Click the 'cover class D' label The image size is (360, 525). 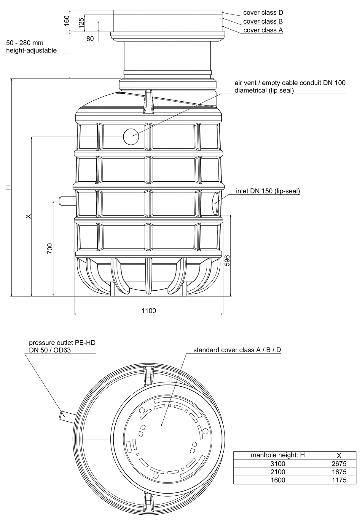[x=263, y=12]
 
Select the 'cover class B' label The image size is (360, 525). [x=263, y=21]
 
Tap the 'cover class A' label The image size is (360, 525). [x=263, y=30]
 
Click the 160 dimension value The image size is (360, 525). [x=66, y=20]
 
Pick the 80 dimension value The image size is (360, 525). [x=90, y=39]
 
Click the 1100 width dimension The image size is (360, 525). [x=149, y=311]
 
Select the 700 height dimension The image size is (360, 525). [x=50, y=248]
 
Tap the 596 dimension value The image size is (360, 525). [x=227, y=261]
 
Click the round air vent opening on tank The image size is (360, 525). [x=131, y=137]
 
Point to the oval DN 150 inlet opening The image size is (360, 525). [x=216, y=203]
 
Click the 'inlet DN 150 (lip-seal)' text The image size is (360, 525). [x=268, y=191]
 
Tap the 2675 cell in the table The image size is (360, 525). [x=339, y=464]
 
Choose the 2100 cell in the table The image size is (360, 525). [x=278, y=472]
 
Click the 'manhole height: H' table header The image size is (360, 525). [x=278, y=455]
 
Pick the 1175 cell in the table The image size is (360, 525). [x=339, y=480]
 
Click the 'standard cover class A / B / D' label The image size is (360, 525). [x=237, y=350]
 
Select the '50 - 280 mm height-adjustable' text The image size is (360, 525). [x=31, y=47]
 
